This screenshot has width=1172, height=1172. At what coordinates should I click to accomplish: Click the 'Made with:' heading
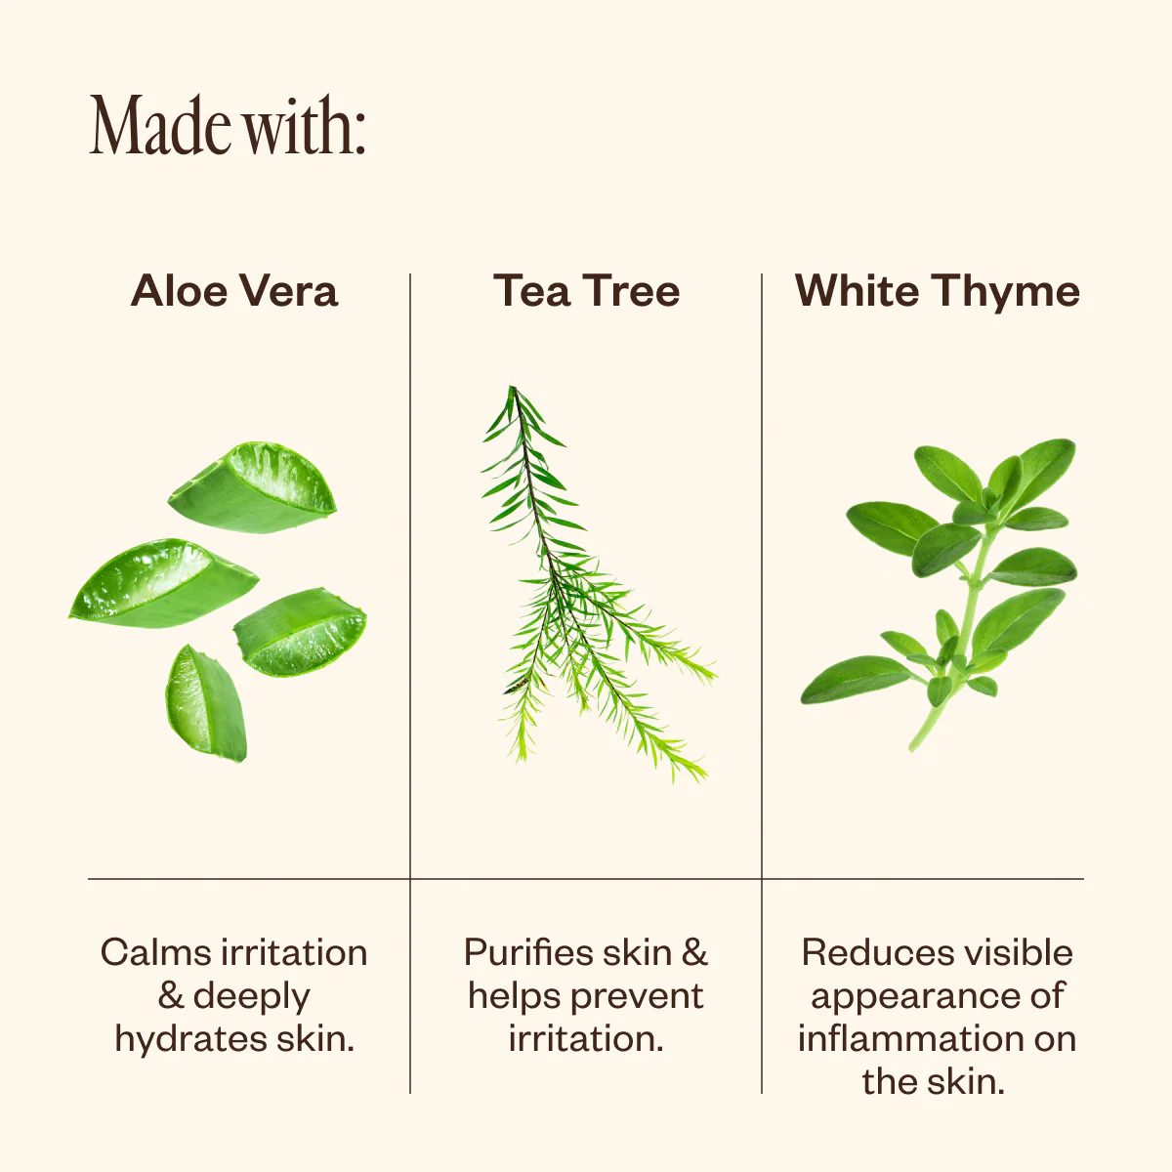[x=228, y=125]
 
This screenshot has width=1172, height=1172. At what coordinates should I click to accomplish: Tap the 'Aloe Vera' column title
[x=234, y=291]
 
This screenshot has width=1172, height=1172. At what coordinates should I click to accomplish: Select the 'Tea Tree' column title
[x=586, y=291]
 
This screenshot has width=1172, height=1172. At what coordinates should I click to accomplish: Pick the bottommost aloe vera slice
[x=207, y=703]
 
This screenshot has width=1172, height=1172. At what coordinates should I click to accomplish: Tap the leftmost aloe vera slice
[x=163, y=584]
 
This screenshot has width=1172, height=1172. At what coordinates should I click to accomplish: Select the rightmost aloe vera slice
[x=301, y=633]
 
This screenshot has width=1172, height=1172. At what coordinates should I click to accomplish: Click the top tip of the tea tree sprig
[x=512, y=388]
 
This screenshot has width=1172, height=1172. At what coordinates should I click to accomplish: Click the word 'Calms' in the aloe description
[x=157, y=953]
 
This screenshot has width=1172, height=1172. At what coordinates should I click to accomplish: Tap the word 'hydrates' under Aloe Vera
[x=191, y=1040]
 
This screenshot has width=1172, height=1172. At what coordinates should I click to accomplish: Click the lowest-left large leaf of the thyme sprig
[x=855, y=680]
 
